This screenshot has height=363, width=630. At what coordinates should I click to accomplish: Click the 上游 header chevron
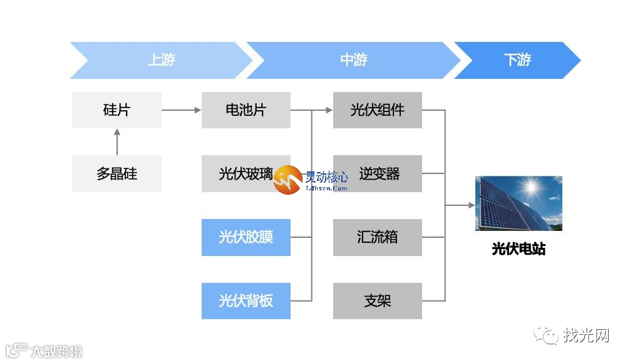(161, 60)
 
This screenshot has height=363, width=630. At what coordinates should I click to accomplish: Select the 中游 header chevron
(354, 60)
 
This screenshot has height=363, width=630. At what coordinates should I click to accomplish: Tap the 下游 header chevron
(517, 60)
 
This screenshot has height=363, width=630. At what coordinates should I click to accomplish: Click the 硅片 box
(116, 110)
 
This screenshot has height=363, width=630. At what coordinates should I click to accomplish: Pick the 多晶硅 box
(116, 173)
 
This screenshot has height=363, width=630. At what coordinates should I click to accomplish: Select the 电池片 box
(245, 110)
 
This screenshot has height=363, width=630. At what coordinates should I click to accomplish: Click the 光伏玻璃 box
(241, 173)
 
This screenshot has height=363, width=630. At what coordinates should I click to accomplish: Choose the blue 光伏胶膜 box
(245, 237)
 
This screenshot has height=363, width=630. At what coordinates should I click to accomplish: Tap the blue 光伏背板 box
(245, 301)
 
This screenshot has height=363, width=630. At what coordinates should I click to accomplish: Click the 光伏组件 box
(377, 110)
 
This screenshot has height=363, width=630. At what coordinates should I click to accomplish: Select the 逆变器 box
(378, 173)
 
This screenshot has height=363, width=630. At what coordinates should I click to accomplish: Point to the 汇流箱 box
(377, 237)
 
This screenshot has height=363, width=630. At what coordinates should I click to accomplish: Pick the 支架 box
(377, 301)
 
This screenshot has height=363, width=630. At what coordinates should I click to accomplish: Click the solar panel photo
(519, 203)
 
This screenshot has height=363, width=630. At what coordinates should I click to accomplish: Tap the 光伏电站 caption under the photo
(519, 249)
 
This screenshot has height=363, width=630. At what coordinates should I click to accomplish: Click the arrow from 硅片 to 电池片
(181, 110)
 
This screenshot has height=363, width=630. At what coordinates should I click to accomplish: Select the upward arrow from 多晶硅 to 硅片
(116, 142)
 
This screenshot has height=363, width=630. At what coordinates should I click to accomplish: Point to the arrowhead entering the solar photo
(471, 205)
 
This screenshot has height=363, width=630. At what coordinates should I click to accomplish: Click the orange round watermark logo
(287, 180)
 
